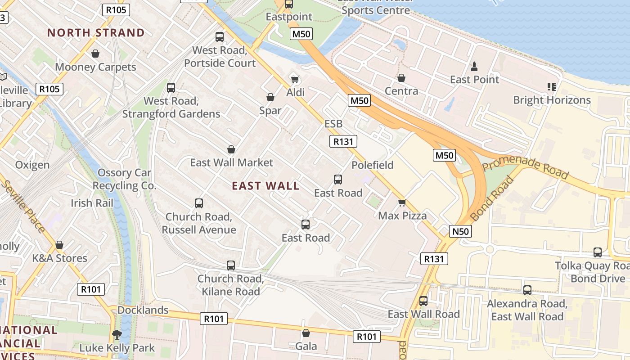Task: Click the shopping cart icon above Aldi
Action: [x=295, y=79]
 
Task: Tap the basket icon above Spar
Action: [x=270, y=97]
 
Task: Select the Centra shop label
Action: [x=401, y=91]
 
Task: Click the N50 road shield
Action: [x=460, y=232]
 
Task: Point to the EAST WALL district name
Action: [x=265, y=186]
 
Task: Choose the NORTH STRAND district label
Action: [x=96, y=33]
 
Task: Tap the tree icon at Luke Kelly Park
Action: [x=117, y=335]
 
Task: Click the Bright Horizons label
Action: [x=552, y=100]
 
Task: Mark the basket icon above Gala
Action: [x=306, y=333]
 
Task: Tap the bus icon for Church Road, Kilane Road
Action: [x=231, y=265]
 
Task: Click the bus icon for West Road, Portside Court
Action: [x=220, y=37]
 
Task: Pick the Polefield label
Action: [x=372, y=165]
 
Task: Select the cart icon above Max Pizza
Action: [x=402, y=203]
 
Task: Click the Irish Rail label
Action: [x=92, y=203]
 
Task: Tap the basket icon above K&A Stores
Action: [x=59, y=245]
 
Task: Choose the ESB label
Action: [x=333, y=124]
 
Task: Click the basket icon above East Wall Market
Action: [x=231, y=149]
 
